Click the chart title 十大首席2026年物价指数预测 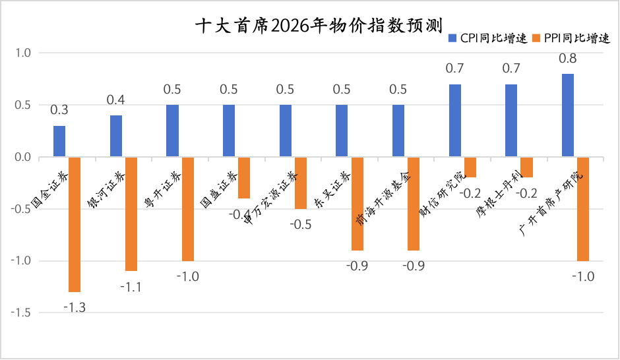point(310,25)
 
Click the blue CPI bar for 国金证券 point(59,141)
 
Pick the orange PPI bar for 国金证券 point(75,224)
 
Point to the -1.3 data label point(75,307)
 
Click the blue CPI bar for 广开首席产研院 point(568,115)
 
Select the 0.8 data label point(568,59)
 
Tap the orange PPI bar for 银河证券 point(131,214)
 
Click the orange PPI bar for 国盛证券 point(244,177)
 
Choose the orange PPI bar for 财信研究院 point(470,167)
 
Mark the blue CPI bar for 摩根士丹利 point(511,121)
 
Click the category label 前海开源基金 point(378,198)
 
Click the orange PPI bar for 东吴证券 point(357,204)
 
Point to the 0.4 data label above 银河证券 point(116,101)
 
